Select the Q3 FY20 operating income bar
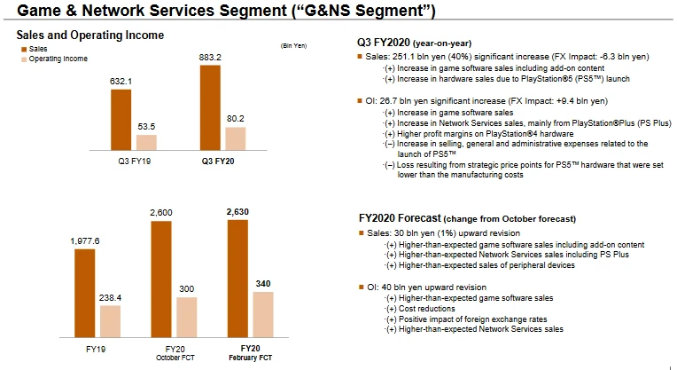pos(235,139)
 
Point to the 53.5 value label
pos(146,127)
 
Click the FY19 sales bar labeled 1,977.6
pos(85,289)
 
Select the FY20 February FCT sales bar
pos(238,275)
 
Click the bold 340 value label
pos(263,284)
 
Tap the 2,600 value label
pos(161,213)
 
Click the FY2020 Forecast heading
pos(463,218)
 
